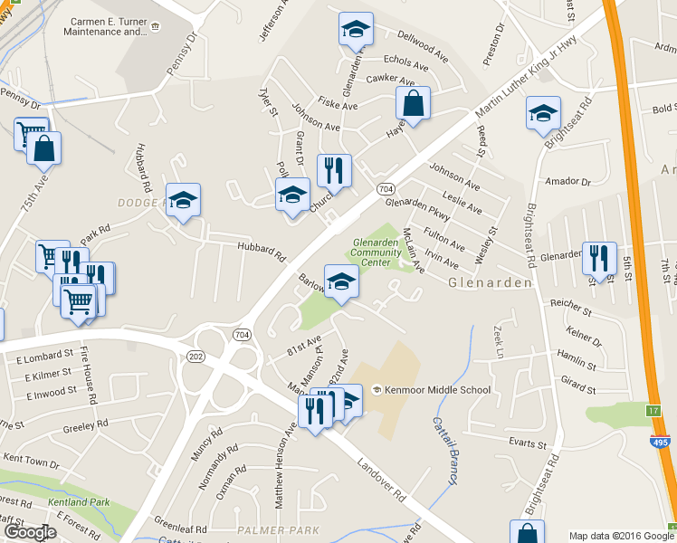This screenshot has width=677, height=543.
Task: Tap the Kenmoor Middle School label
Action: pyautogui.click(x=437, y=390)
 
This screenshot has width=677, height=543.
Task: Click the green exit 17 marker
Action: pyautogui.click(x=653, y=411)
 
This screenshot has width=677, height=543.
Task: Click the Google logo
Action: pyautogui.click(x=30, y=532)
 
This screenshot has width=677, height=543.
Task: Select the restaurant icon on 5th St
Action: pyautogui.click(x=599, y=259)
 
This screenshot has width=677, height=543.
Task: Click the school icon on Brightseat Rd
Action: pyautogui.click(x=543, y=113)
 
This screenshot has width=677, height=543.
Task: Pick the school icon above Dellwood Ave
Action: pyautogui.click(x=356, y=30)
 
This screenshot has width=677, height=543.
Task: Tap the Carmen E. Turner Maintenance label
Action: pyautogui.click(x=105, y=25)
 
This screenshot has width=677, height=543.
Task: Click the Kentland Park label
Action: pyautogui.click(x=81, y=501)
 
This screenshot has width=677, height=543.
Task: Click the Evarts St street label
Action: pyautogui.click(x=530, y=443)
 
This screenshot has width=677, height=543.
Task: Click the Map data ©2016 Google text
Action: pyautogui.click(x=621, y=536)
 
